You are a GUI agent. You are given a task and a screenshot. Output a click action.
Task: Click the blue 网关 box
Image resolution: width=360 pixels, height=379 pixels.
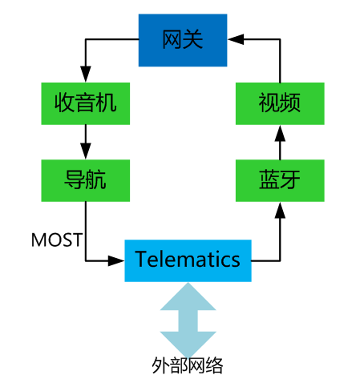pos(184,39)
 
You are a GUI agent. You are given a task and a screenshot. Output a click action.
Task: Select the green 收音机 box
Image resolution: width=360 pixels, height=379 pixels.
pos(85,103)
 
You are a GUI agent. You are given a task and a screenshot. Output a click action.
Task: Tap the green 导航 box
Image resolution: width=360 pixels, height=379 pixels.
pos(85,179)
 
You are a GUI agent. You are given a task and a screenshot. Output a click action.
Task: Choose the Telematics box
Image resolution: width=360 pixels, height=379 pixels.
pos(188,260)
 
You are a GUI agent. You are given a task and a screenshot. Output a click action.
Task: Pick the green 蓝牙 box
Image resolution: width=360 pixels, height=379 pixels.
pos(280,179)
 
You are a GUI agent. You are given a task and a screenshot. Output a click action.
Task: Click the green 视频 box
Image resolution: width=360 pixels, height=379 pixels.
pos(280,103)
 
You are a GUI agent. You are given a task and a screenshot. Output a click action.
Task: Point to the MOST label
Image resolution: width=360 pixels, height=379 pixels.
pos(56,240)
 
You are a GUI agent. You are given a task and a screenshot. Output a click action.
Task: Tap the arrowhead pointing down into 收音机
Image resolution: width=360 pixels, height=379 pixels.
pos(85,77)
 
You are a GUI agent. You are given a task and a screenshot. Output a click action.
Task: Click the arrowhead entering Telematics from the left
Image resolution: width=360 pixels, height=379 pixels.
pos(118,260)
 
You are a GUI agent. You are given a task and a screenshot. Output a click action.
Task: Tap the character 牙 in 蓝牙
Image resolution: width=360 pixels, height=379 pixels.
pos(290,179)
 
